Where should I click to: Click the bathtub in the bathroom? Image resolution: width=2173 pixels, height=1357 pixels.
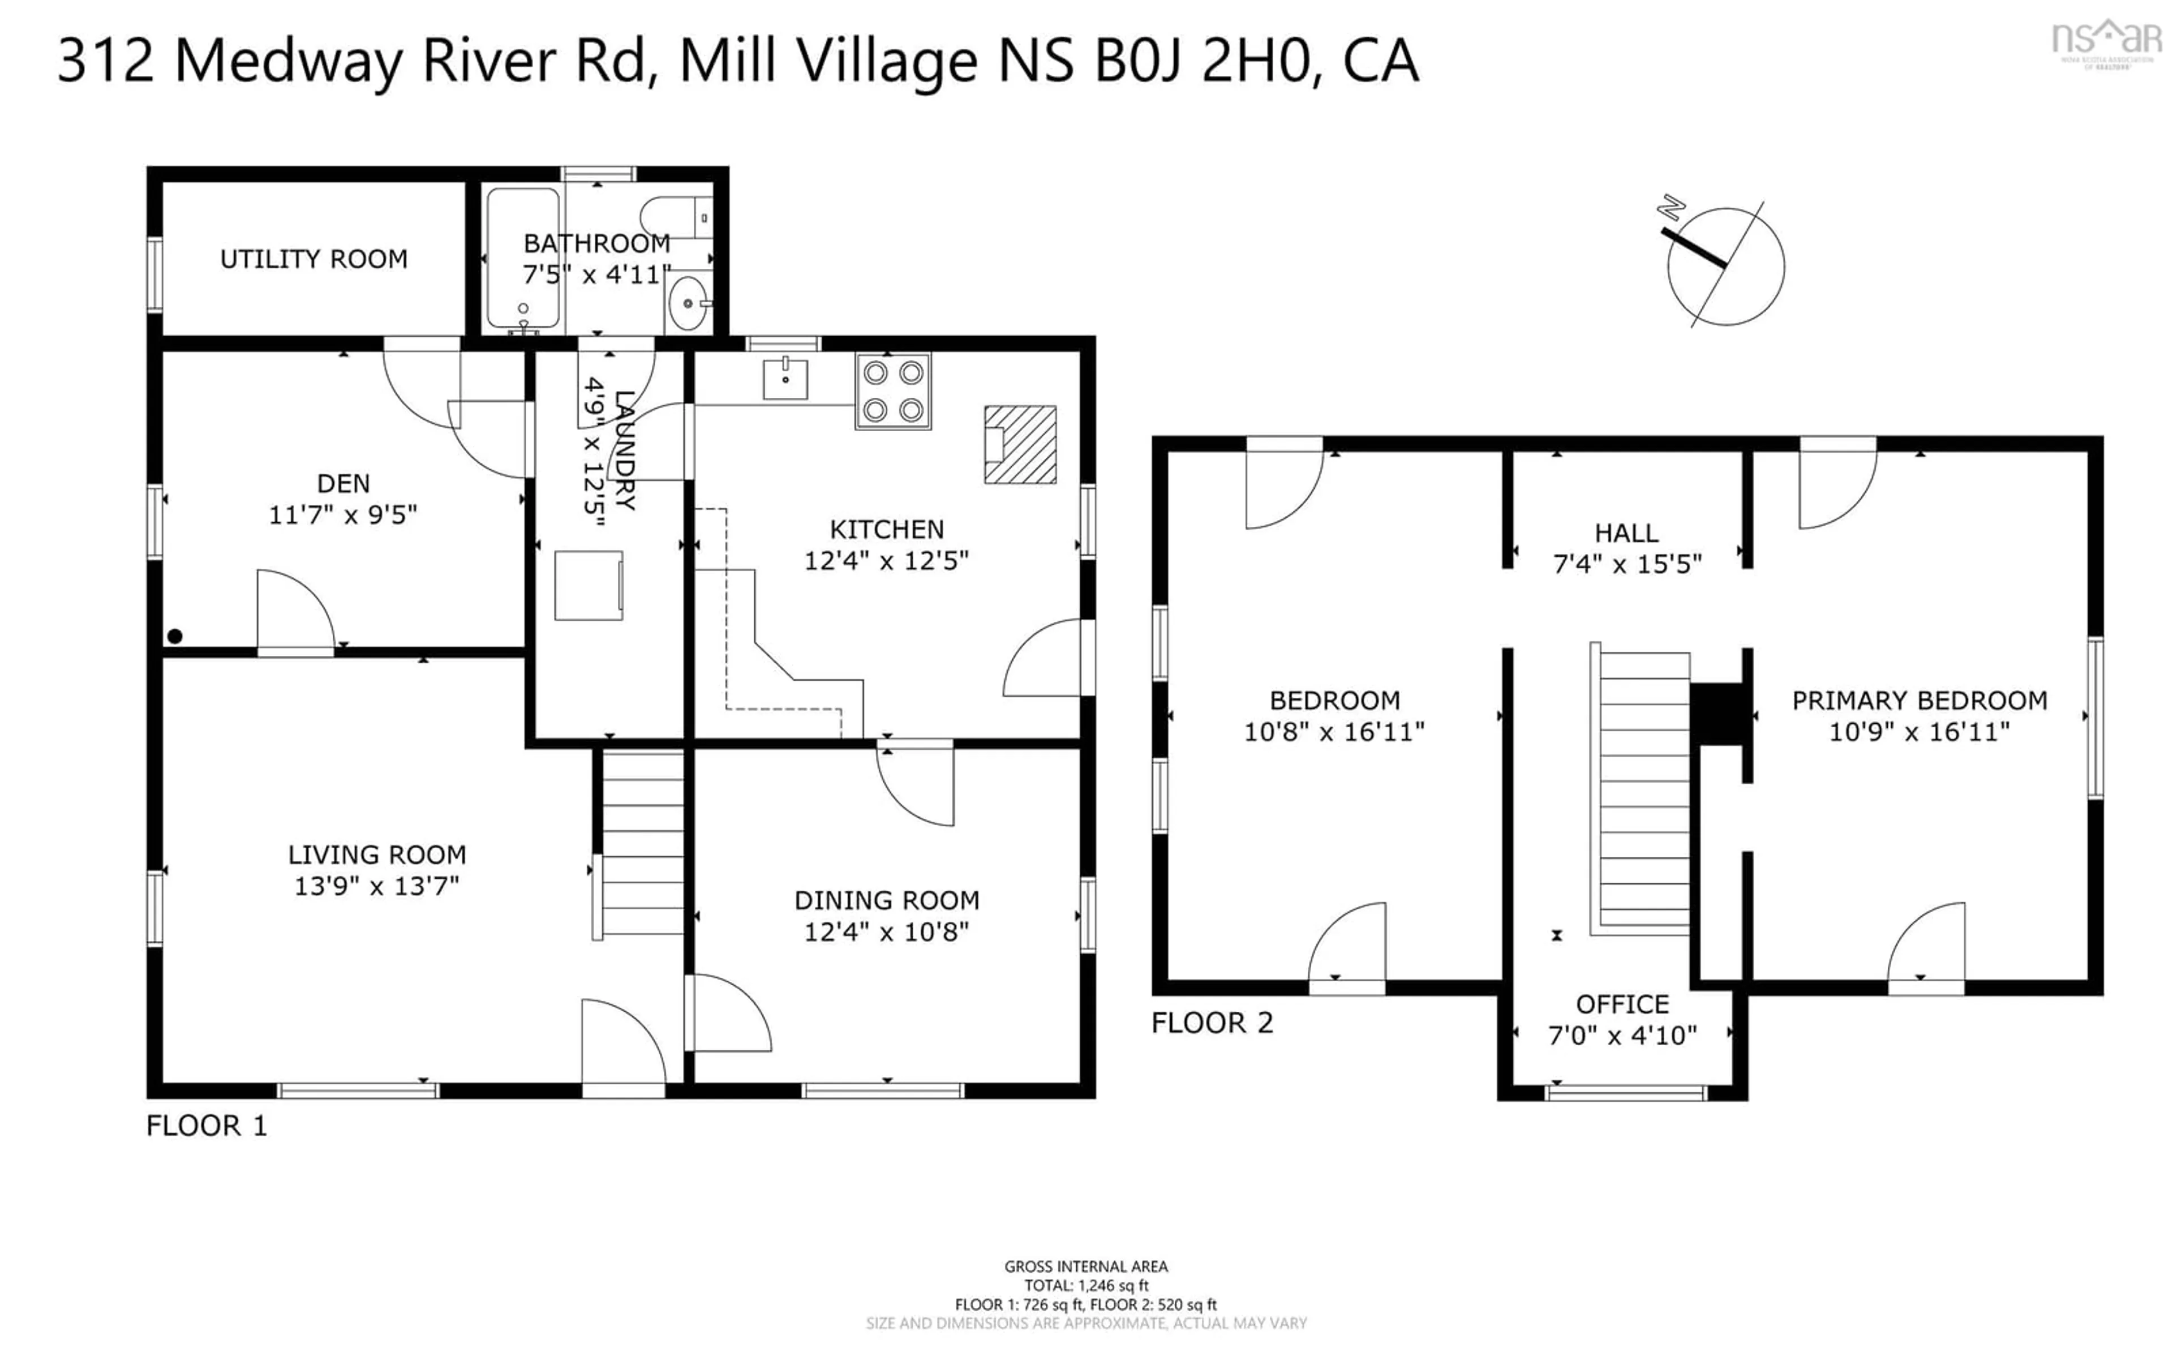pos(523,257)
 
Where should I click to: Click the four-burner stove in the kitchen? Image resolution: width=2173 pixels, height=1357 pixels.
pos(893,390)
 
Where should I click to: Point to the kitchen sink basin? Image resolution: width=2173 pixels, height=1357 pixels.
pos(785,379)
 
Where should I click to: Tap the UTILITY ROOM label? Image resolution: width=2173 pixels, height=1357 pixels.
pos(314,259)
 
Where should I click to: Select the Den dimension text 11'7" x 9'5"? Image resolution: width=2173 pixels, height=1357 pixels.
pos(343,515)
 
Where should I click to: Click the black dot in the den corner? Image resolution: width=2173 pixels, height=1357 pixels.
pos(175,636)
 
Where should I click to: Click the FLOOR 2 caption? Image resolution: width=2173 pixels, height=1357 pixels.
pos(1212,1023)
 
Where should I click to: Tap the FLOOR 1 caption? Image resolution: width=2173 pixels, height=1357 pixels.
pos(207,1126)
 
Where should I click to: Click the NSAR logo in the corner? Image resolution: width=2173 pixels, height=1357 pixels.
pos(2107,40)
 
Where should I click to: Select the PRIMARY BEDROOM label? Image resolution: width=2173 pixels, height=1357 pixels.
pos(1919,701)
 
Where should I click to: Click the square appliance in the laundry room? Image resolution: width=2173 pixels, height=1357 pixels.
pos(587,585)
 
